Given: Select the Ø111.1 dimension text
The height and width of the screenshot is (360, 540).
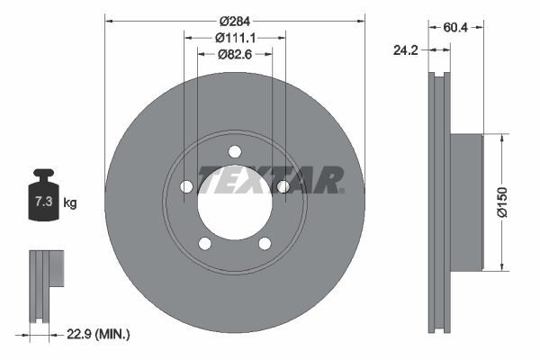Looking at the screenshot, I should pyautogui.click(x=236, y=38).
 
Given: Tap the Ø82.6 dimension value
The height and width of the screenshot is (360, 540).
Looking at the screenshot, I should pyautogui.click(x=235, y=55).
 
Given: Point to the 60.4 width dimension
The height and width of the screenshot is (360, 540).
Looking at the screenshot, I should pyautogui.click(x=456, y=28).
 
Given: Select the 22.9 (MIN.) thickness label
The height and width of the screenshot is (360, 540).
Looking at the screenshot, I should pyautogui.click(x=99, y=334).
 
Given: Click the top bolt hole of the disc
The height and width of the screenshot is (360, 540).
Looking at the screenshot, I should pyautogui.click(x=235, y=150).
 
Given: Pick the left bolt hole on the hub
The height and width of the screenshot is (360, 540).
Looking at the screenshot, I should pyautogui.click(x=187, y=186).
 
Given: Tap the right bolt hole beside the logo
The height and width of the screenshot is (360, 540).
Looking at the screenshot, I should pyautogui.click(x=283, y=186).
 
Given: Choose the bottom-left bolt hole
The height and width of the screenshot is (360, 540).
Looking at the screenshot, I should pyautogui.click(x=205, y=243).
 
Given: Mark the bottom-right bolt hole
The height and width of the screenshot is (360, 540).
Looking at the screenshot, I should pyautogui.click(x=265, y=243).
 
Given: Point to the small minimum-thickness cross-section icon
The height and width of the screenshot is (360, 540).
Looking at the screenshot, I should pyautogui.click(x=45, y=283).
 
